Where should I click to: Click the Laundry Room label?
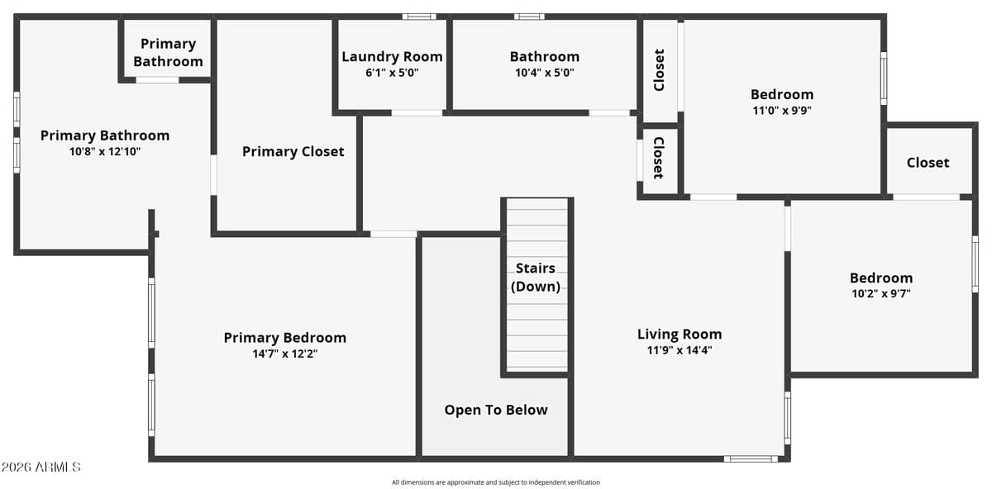(x=392, y=57)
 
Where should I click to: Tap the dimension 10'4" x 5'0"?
(x=544, y=73)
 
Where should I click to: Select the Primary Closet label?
(x=293, y=152)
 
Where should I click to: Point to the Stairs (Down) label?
(x=536, y=278)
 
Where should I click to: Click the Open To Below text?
(x=496, y=411)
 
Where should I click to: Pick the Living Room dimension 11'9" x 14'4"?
(x=680, y=350)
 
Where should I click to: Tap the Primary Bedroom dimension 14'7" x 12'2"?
(x=284, y=354)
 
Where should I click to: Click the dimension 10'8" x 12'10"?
(x=105, y=151)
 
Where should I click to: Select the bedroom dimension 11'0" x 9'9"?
(x=782, y=110)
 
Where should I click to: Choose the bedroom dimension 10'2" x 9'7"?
(x=881, y=293)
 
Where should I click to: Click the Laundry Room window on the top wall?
(x=419, y=17)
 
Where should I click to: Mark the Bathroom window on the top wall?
(x=529, y=17)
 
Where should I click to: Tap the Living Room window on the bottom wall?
(x=751, y=459)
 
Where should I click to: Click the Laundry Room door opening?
(x=417, y=113)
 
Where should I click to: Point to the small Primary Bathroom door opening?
(x=157, y=80)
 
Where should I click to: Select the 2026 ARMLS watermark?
(x=41, y=467)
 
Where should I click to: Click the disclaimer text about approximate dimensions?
(x=495, y=482)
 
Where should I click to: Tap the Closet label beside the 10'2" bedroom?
(x=928, y=163)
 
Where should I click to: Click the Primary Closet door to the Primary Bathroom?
(x=213, y=175)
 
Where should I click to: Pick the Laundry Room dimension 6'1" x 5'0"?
(x=392, y=73)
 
